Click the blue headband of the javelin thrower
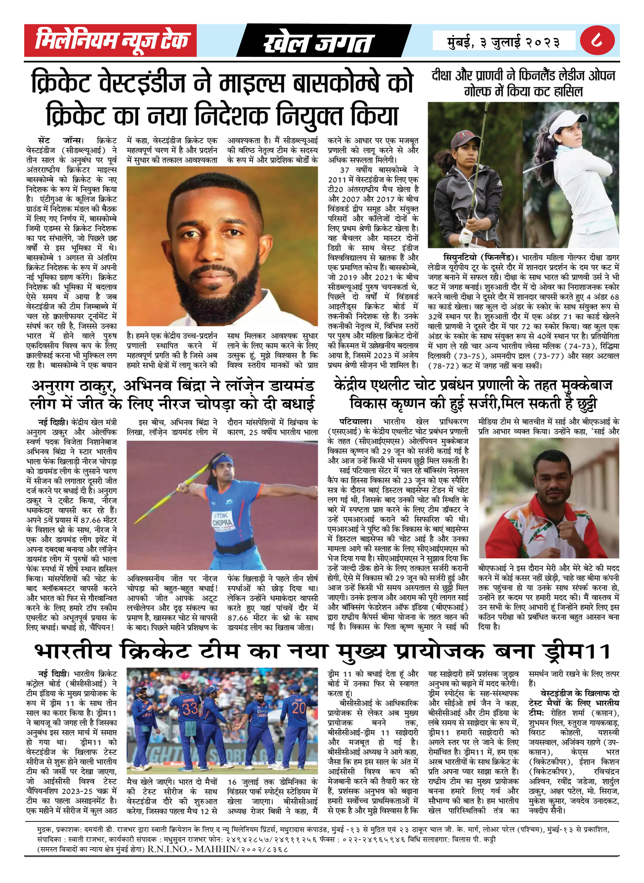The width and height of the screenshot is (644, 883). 223,463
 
